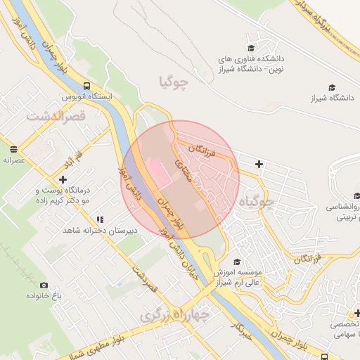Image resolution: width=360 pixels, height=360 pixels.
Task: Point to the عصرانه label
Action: pyautogui.click(x=14, y=160)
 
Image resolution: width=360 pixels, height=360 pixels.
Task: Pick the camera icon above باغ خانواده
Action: pyautogui.click(x=44, y=285)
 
